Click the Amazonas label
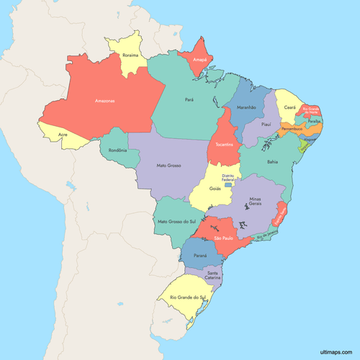[x=105, y=101]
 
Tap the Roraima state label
[x=131, y=54]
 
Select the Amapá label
[x=199, y=60]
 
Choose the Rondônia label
[x=117, y=150]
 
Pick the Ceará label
[x=289, y=107]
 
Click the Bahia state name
[x=272, y=162]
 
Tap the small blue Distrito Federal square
[x=229, y=186]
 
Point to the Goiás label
[x=215, y=188]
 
